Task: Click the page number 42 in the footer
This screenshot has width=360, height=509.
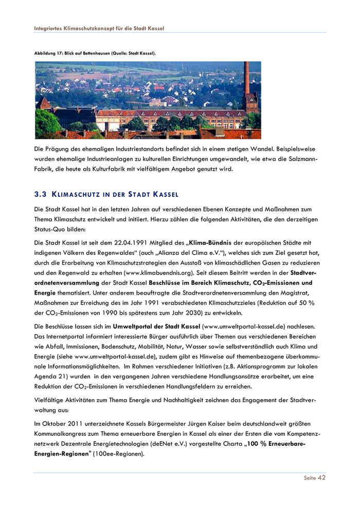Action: click(321, 478)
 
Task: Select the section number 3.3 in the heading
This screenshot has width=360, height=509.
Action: click(40, 195)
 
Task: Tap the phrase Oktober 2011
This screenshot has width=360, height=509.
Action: click(62, 424)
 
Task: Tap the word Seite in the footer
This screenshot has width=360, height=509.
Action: click(310, 478)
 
